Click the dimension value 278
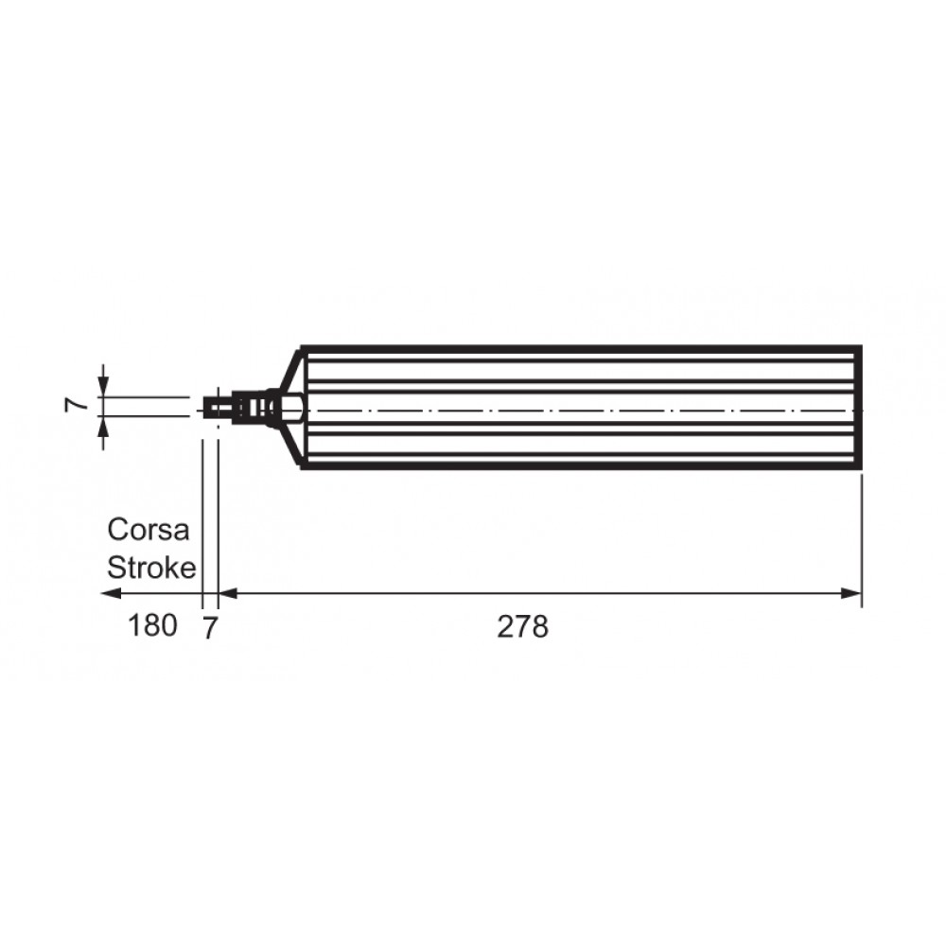[x=522, y=627]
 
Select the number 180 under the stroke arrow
[x=152, y=625]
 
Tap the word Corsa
[x=149, y=530]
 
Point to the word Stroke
[x=151, y=568]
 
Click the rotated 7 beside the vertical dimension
[x=76, y=405]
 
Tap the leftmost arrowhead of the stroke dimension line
[x=113, y=594]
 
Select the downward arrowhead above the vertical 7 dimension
[x=104, y=387]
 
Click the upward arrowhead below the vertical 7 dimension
[x=104, y=426]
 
